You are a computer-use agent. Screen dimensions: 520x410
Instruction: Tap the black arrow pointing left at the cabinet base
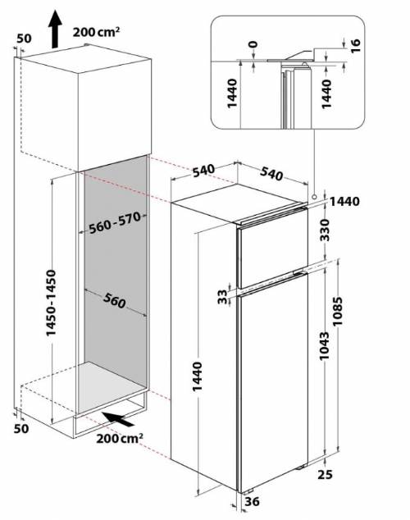click(x=116, y=419)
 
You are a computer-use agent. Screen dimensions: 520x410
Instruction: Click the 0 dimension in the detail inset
click(x=253, y=44)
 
